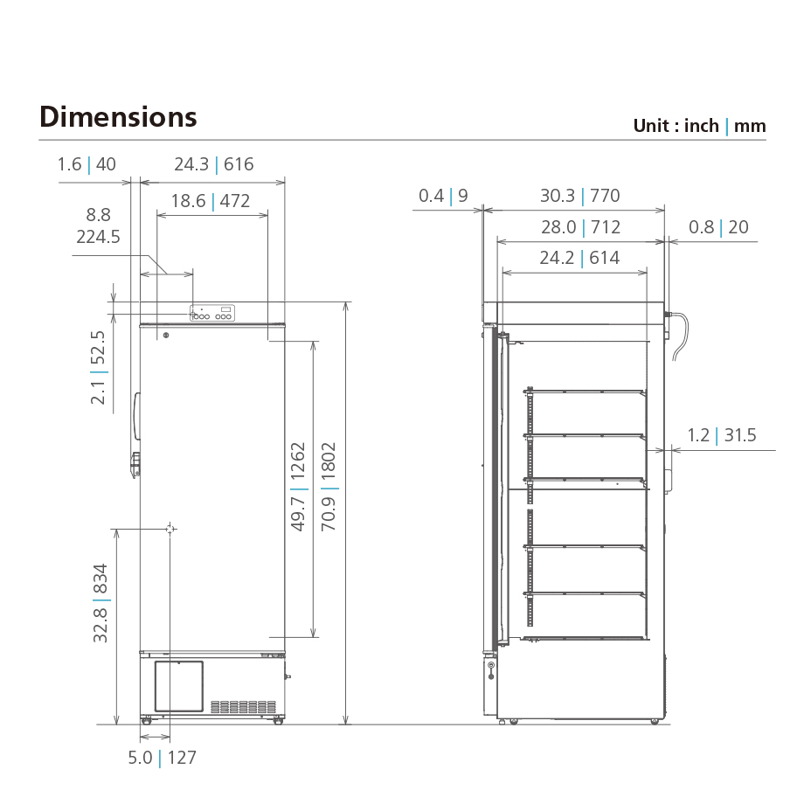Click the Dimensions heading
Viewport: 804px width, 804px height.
click(118, 117)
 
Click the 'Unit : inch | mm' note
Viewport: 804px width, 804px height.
click(699, 126)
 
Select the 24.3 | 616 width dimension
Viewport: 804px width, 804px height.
click(213, 164)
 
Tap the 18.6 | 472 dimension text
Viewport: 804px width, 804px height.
click(210, 201)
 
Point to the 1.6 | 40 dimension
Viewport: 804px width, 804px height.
click(87, 164)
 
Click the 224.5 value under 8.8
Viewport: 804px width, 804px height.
click(98, 237)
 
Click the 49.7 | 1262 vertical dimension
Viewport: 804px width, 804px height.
click(298, 488)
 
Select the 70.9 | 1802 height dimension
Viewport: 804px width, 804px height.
click(329, 488)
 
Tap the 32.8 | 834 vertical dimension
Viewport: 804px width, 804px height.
click(101, 603)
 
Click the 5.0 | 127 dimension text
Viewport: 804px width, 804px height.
click(163, 758)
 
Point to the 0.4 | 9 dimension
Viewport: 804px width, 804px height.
click(443, 196)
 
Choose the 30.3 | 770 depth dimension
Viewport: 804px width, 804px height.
click(579, 196)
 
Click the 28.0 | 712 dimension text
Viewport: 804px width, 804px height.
click(580, 227)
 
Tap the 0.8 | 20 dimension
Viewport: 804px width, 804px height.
click(718, 227)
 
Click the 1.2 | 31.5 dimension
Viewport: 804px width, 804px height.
click(722, 435)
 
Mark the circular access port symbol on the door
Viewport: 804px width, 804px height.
click(170, 529)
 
